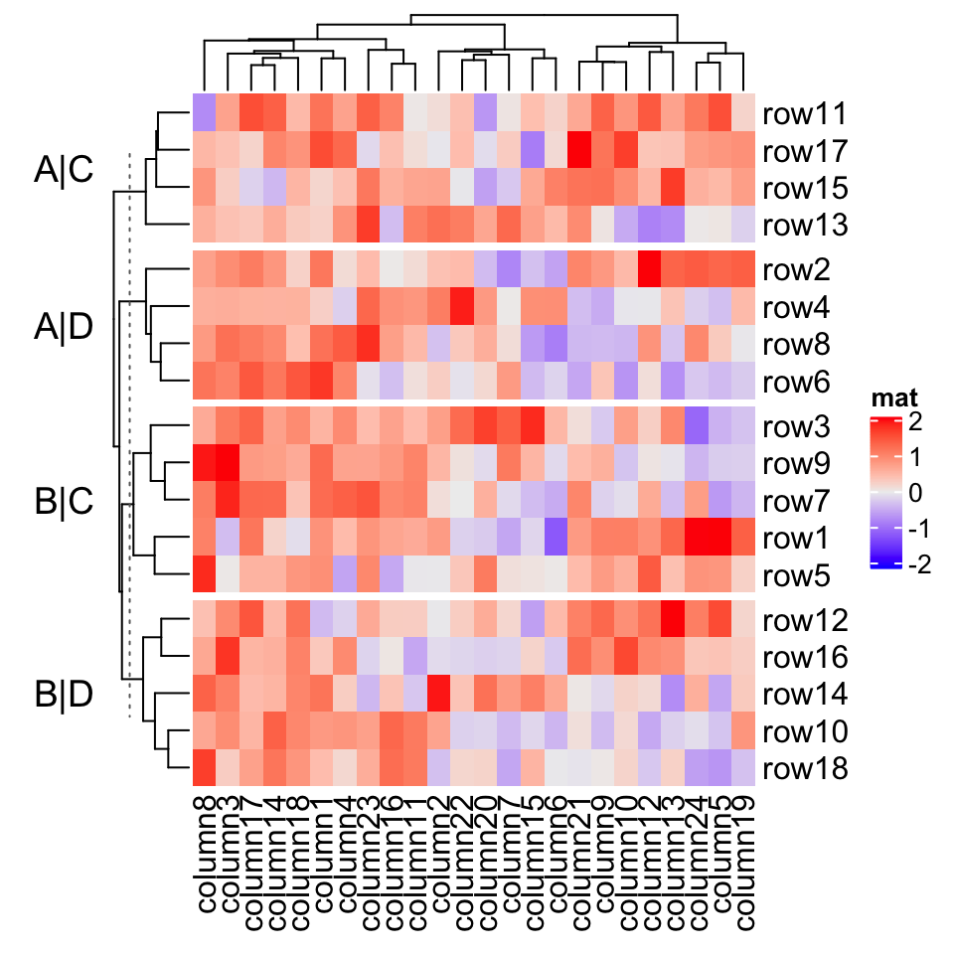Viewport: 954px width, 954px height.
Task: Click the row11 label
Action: pos(804,114)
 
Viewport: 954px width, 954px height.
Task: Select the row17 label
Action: pos(804,152)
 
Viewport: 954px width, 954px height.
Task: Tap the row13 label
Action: pos(804,227)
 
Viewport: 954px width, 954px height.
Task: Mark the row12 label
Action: pos(804,621)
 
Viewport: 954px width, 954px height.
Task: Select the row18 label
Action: pos(804,769)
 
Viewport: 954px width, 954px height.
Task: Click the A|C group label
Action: pos(65,171)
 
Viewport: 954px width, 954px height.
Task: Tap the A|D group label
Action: pos(65,327)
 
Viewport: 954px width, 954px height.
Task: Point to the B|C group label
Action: pos(65,502)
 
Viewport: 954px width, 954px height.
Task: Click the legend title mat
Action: pos(893,398)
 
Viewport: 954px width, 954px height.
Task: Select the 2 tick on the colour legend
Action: pos(914,422)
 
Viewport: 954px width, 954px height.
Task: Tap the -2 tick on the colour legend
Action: pos(920,565)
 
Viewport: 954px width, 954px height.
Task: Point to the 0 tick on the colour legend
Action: pos(914,494)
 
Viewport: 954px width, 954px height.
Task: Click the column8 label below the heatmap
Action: pos(205,851)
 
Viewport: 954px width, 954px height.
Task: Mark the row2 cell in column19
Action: pos(745,270)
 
